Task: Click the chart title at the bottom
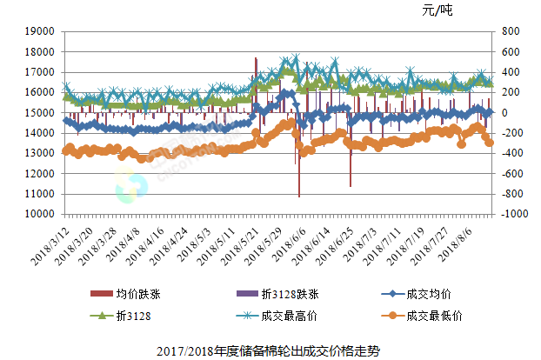point(270,350)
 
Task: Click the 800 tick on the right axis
point(510,31)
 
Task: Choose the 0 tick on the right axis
point(504,113)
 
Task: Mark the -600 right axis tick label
point(511,174)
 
